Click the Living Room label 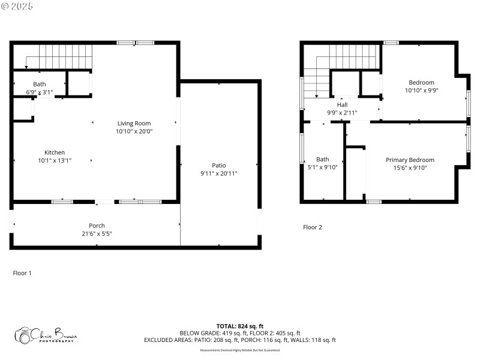134,123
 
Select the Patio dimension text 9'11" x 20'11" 218,173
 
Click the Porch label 97,226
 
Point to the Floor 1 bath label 40,85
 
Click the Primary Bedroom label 410,160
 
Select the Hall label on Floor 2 342,104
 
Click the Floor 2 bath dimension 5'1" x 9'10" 323,167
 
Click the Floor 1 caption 22,273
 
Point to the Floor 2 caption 312,227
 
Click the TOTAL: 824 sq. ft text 240,326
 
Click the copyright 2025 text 17,5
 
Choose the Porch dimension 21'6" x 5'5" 97,233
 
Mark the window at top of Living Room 135,43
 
